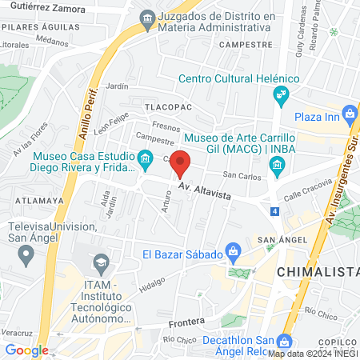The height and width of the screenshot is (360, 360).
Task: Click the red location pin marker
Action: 181,162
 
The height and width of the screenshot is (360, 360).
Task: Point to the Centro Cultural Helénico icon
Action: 280,96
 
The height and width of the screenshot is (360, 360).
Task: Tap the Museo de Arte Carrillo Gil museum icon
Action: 278,166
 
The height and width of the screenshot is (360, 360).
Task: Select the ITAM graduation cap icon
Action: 102,262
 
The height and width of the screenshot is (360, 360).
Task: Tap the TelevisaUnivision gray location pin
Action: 26,257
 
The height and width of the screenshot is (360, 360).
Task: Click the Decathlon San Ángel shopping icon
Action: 286,341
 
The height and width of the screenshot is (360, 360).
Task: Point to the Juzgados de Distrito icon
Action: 146,18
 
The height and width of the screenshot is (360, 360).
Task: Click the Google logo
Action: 26,350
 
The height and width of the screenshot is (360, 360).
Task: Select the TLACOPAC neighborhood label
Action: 166,105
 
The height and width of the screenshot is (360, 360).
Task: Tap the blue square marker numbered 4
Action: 275,212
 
